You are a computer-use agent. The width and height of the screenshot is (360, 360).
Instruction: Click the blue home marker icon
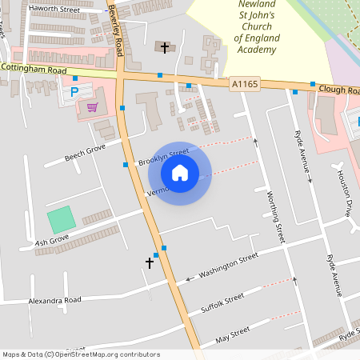click(x=180, y=172)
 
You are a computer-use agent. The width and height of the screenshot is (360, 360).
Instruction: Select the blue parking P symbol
click(x=75, y=92)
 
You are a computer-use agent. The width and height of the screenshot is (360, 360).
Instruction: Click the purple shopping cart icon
click(x=93, y=106)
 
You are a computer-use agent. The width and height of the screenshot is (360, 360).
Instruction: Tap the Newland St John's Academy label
click(x=256, y=26)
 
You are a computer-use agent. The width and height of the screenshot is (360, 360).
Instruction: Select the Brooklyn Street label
click(x=163, y=157)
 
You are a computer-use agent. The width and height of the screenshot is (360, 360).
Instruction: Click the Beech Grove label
click(x=85, y=153)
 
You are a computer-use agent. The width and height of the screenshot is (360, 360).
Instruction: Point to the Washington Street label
click(x=229, y=266)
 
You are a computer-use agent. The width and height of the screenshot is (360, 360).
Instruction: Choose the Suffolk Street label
click(x=222, y=303)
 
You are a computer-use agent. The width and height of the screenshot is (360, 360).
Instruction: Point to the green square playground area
click(x=60, y=220)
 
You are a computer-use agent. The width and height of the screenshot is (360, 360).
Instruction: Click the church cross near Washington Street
click(x=149, y=262)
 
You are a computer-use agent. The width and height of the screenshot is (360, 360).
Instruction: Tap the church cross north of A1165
click(x=165, y=48)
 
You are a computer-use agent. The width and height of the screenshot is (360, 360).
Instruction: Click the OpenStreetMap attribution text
click(x=81, y=354)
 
